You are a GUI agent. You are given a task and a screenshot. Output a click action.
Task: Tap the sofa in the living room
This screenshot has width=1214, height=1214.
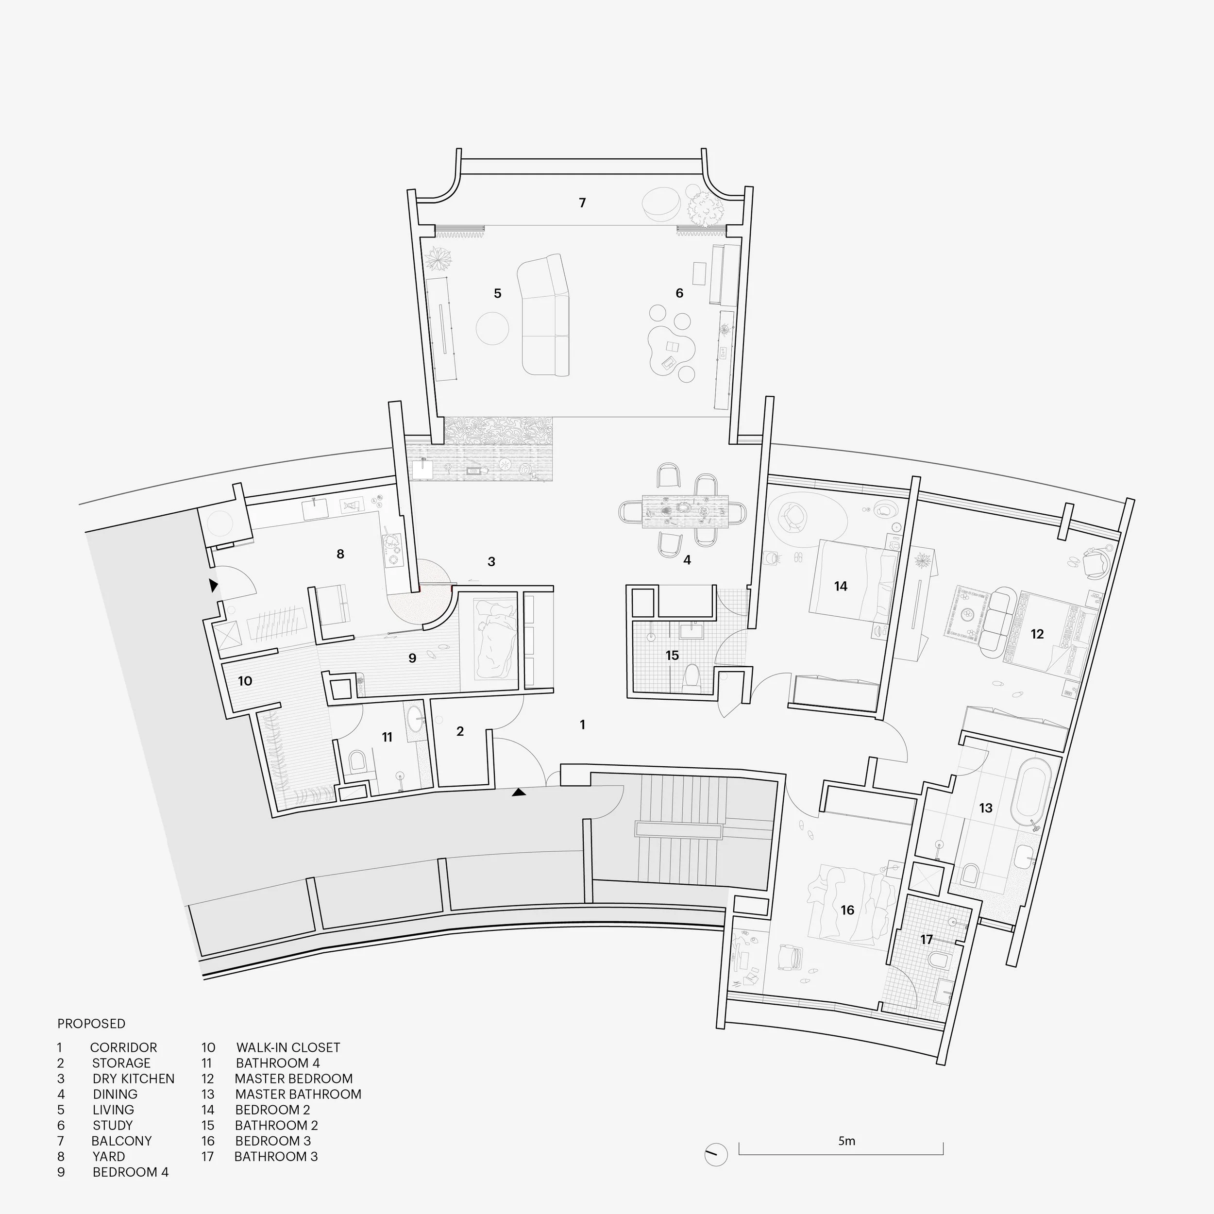pos(544,316)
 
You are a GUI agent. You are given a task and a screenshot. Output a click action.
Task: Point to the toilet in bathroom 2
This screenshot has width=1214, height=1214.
pos(692,679)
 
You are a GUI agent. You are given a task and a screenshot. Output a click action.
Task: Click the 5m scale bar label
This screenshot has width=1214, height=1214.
pos(846,1141)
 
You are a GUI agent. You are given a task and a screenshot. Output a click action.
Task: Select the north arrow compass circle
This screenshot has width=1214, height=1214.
pos(716,1154)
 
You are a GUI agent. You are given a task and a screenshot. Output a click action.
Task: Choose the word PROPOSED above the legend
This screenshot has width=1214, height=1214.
pos(91,1024)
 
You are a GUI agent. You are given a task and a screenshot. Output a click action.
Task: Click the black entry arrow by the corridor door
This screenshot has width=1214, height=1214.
pos(519,793)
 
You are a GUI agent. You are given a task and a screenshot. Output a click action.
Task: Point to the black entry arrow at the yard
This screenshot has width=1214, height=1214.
pos(214,586)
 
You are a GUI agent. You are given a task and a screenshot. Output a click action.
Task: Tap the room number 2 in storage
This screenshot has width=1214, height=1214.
pos(460,731)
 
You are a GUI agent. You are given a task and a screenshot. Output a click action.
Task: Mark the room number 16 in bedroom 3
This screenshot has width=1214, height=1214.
pos(847,910)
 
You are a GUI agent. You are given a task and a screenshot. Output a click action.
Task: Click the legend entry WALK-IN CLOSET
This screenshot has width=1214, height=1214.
pos(288,1047)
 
